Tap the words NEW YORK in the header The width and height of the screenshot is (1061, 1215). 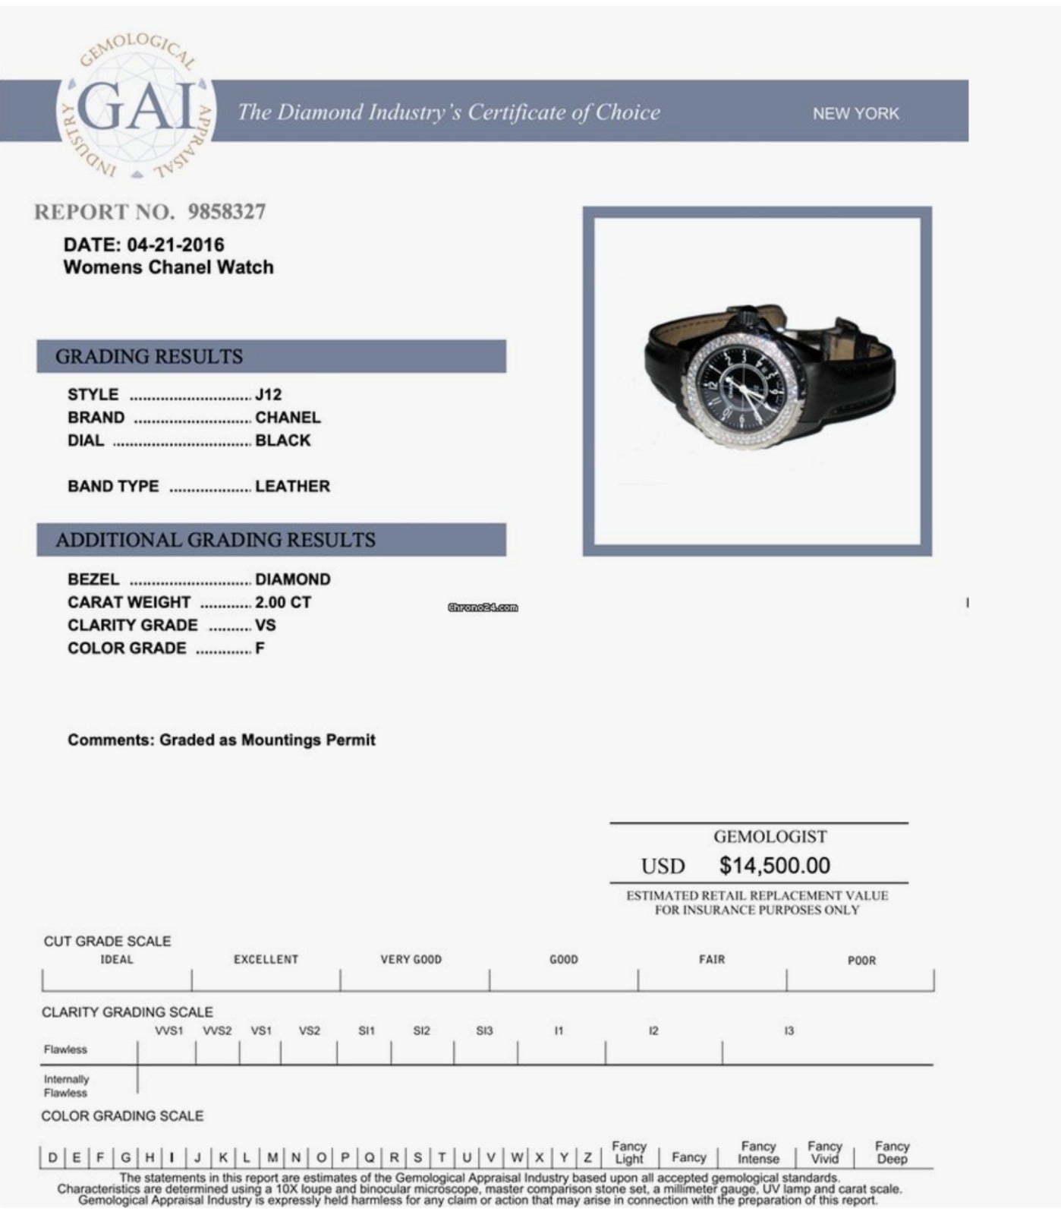[855, 113]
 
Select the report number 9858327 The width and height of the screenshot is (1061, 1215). [227, 212]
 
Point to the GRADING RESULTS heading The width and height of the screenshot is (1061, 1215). [149, 356]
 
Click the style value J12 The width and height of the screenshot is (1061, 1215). [268, 395]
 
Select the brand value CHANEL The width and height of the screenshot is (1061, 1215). [288, 418]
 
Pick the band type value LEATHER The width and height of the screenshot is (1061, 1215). [292, 486]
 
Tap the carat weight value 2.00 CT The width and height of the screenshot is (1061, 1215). [283, 602]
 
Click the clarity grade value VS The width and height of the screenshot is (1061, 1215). [266, 625]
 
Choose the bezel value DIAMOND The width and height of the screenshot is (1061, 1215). [292, 579]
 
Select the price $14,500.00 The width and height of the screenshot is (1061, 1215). [774, 865]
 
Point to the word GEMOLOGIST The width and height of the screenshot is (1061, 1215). [770, 837]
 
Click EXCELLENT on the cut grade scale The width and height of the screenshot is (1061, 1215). [266, 960]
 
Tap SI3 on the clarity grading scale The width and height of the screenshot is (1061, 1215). [484, 1030]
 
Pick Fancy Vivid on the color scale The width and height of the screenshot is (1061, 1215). [824, 1152]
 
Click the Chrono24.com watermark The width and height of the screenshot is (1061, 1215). [483, 607]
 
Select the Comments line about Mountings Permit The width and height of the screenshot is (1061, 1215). [222, 740]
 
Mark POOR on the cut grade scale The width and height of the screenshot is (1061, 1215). [861, 961]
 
